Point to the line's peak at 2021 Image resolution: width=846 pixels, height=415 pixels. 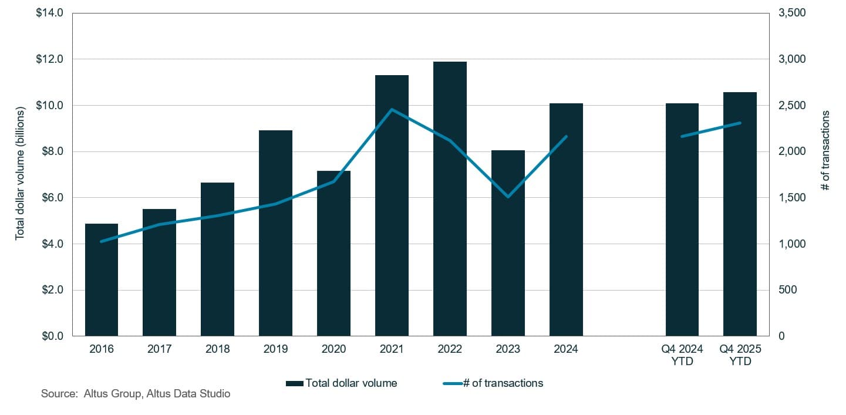coord(392,110)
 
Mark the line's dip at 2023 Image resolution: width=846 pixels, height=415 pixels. coord(508,196)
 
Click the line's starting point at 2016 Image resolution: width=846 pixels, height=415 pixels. coord(102,241)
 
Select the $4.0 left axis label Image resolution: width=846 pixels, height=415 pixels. coord(53,244)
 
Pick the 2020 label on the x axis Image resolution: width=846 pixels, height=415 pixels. coord(333,349)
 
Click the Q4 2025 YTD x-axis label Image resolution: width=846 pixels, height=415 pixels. coord(740,355)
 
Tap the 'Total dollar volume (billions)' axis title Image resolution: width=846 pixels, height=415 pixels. coord(20,173)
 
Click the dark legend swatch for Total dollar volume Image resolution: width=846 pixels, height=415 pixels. coord(294,383)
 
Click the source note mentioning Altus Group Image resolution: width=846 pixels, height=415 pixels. coord(136,394)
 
